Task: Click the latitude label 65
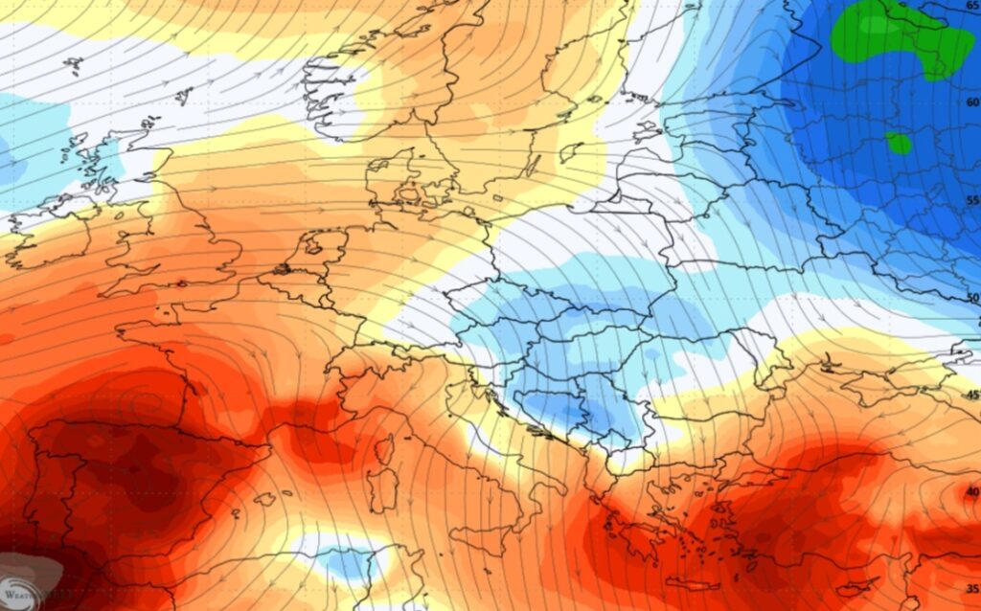[x=971, y=6]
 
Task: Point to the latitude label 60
[x=971, y=102]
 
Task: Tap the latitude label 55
[x=971, y=200]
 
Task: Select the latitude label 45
[x=971, y=395]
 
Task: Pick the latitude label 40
[x=971, y=491]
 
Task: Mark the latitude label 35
[x=971, y=588]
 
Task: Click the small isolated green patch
[x=899, y=144]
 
